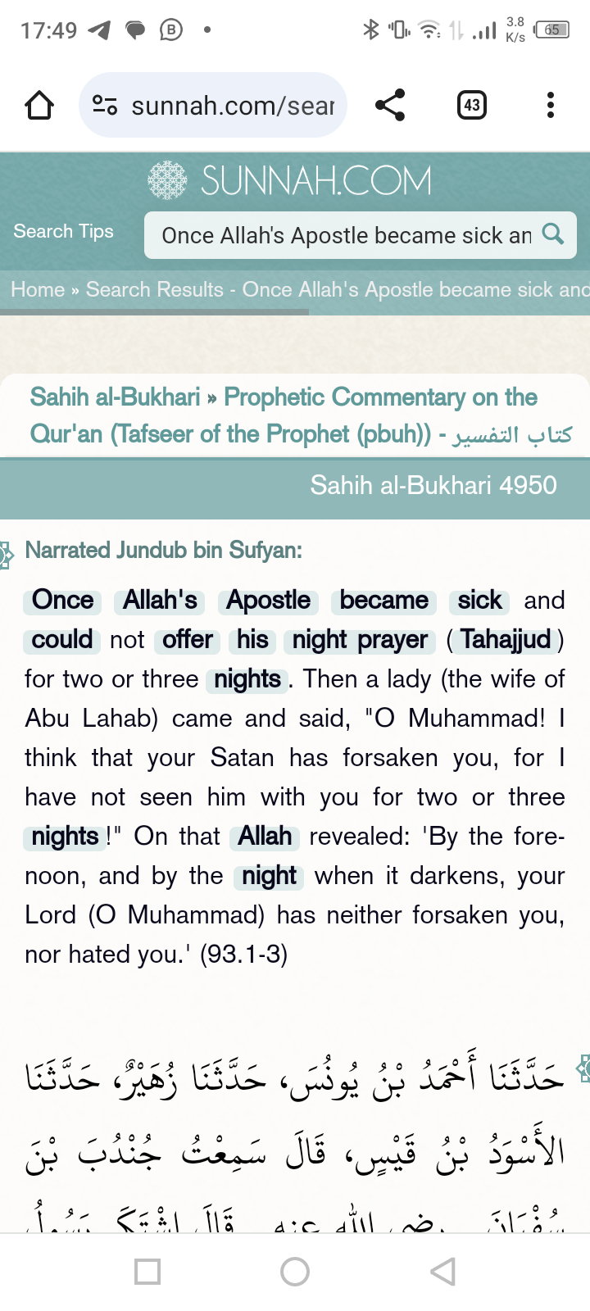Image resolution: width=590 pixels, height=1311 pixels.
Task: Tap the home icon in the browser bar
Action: pos(39,105)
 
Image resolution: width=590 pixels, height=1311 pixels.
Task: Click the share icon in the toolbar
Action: pos(390,105)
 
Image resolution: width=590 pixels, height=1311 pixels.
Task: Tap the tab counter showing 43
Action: pos(472,105)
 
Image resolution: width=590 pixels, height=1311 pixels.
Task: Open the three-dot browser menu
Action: pos(550,105)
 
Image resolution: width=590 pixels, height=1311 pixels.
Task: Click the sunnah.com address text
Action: pos(233,106)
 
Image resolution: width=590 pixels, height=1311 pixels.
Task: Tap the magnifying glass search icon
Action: pos(553,234)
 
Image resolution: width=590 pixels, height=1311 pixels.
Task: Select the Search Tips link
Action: pos(63,232)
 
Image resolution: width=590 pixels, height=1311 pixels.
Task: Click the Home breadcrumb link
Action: pos(38,290)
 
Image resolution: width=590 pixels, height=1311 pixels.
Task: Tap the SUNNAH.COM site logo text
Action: pos(315,181)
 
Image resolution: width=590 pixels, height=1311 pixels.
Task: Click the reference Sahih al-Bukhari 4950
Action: pos(433,485)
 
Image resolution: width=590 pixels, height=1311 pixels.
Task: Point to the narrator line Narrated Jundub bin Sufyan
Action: pos(163,550)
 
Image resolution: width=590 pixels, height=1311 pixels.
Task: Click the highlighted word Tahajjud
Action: pos(506,639)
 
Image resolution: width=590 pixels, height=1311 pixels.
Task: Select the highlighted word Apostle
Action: pos(269,600)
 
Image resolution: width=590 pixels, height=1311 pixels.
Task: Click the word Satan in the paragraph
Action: pos(242,758)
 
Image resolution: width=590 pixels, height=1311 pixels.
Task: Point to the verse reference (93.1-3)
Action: pos(243,955)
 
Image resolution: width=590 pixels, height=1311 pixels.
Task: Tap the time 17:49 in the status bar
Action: pos(48,31)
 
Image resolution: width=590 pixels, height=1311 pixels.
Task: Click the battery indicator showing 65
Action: pos(551,30)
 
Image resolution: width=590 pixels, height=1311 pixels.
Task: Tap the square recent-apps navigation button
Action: pos(147,1272)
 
